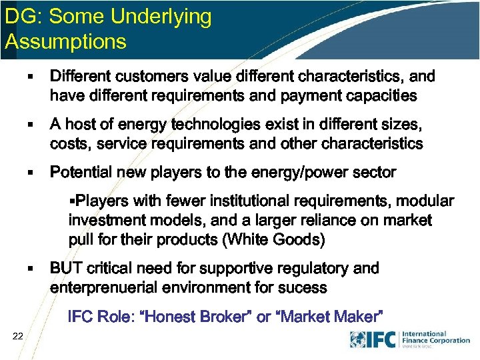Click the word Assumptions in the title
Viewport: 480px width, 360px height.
click(x=65, y=41)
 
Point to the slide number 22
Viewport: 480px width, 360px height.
click(x=18, y=339)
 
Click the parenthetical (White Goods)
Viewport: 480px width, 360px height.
click(x=271, y=239)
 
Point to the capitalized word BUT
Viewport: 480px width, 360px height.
click(x=65, y=268)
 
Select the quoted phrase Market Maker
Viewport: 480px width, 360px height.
click(x=327, y=317)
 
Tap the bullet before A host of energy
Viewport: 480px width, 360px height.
click(x=30, y=125)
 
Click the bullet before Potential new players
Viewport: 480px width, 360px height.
click(x=30, y=173)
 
